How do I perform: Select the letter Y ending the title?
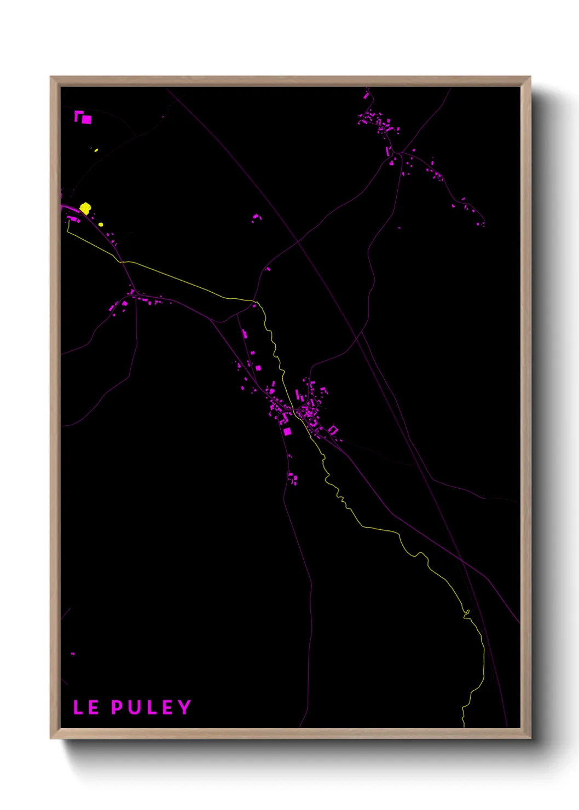(x=184, y=707)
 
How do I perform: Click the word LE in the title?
(x=86, y=707)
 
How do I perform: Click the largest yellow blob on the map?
(x=85, y=208)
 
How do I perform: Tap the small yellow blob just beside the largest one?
(x=101, y=224)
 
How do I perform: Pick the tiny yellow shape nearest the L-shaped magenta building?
(x=96, y=150)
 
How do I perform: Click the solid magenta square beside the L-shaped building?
(x=87, y=119)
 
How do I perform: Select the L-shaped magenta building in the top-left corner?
(x=78, y=115)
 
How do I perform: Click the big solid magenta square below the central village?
(x=287, y=431)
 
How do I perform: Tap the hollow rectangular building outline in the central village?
(x=333, y=430)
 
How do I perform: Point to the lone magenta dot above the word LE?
(x=73, y=653)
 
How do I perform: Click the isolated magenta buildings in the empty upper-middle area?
(x=256, y=218)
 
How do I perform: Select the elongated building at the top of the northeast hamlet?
(x=366, y=95)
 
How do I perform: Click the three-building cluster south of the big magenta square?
(x=293, y=479)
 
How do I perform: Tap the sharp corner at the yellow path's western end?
(x=67, y=232)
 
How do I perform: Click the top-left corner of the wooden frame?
(x=51, y=77)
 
